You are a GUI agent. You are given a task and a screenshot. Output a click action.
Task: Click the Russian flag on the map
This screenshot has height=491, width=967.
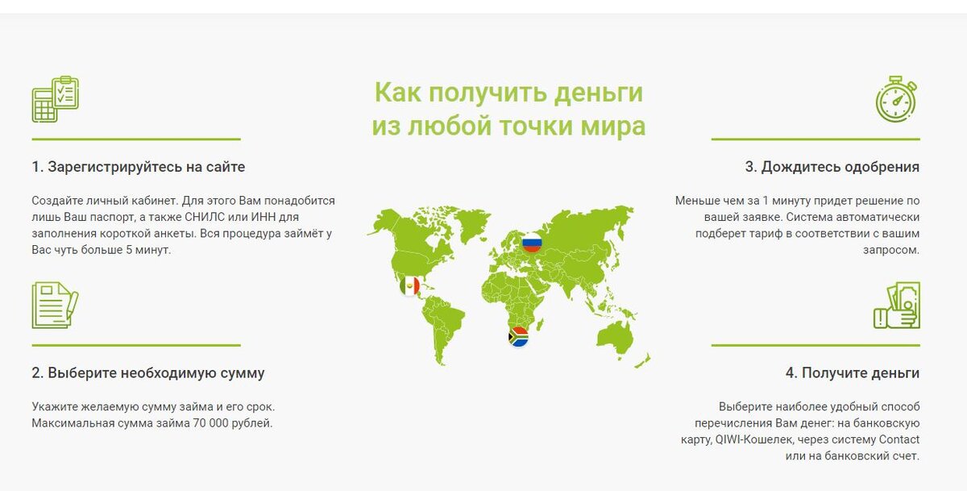tap(532, 241)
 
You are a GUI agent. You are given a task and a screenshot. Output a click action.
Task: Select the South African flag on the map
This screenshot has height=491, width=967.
tap(518, 336)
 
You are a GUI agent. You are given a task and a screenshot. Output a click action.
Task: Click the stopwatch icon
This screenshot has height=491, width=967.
tap(898, 99)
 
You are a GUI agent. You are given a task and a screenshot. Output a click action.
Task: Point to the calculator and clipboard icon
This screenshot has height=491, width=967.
tap(55, 99)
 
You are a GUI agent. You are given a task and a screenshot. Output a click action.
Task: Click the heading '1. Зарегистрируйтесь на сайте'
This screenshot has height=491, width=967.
tap(139, 167)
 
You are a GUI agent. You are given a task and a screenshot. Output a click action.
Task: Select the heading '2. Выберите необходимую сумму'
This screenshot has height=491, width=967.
tap(148, 373)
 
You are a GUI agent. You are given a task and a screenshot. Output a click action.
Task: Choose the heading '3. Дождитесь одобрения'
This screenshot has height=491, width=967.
tap(832, 167)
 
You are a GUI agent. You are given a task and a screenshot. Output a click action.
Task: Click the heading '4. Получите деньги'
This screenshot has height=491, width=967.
tap(853, 373)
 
